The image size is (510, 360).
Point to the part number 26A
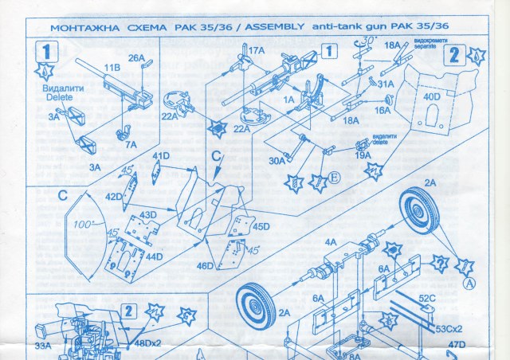pos(136,57)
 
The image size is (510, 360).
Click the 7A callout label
pos(130,144)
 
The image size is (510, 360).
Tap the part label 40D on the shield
pos(431,97)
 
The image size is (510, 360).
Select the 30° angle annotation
pos(368,40)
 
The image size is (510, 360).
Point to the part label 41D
pos(161,155)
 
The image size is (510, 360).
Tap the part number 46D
pos(206,264)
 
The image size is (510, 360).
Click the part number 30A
pos(277,160)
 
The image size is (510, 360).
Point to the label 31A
pos(386,84)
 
